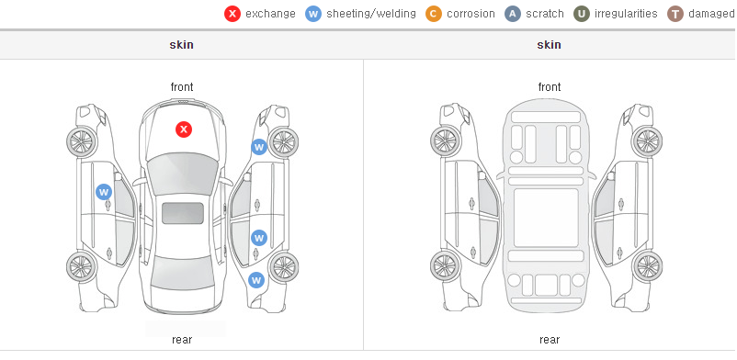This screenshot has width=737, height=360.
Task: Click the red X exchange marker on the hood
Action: pos(184,129)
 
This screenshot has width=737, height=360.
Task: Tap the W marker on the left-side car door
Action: pos(104,192)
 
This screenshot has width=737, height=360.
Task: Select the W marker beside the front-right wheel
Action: pos(258,147)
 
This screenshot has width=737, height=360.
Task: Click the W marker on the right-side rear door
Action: pos(258,237)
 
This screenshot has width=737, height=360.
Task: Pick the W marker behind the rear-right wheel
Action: pos(256,281)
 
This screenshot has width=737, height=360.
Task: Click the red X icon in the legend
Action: pos(232,14)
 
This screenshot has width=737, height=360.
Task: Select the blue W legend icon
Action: pos(313,14)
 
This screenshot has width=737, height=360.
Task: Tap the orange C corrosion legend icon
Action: pos(434,14)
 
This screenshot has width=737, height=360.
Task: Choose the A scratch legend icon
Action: pos(513,14)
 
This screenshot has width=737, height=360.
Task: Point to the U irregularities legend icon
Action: pos(582,14)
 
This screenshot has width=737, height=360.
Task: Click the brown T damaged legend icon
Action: pos(675,14)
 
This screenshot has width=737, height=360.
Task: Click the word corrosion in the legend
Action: pos(471,14)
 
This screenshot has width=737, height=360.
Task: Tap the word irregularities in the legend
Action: pos(626,14)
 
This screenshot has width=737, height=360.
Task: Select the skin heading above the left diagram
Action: pos(181,45)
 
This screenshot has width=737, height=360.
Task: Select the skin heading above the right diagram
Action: pos(549,45)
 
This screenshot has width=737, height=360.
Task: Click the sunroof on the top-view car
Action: pos(183,213)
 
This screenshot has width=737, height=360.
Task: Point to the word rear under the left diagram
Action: pos(182,340)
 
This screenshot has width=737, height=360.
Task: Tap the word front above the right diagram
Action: pos(550,87)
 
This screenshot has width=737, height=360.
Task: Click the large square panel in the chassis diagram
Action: pos(546,218)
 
